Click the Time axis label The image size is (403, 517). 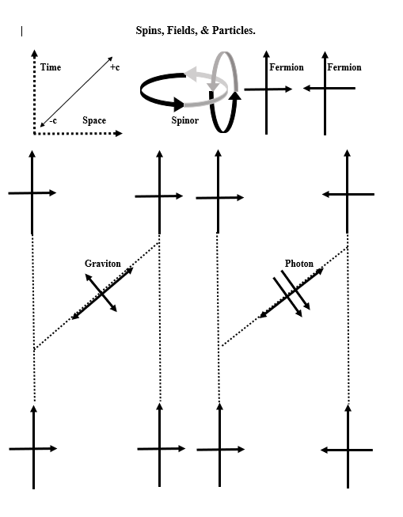click(51, 67)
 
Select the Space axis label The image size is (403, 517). click(94, 120)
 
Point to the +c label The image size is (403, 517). click(115, 67)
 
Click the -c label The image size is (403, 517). click(53, 120)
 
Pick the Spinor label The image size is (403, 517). click(185, 120)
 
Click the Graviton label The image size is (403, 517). click(103, 264)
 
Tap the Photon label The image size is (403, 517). click(299, 264)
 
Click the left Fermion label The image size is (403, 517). click(287, 67)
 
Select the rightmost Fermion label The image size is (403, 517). click(344, 67)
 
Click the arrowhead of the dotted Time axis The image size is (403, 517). click(34, 53)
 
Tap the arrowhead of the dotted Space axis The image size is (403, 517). click(118, 133)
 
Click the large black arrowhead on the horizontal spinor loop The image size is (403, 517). click(179, 104)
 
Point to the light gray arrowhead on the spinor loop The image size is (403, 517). click(191, 72)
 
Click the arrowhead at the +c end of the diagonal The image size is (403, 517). click(110, 59)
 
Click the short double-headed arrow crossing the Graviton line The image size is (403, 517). click(101, 292)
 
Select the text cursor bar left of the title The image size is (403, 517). click(21, 32)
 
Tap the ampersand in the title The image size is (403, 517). click(204, 30)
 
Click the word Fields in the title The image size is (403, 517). click(182, 31)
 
